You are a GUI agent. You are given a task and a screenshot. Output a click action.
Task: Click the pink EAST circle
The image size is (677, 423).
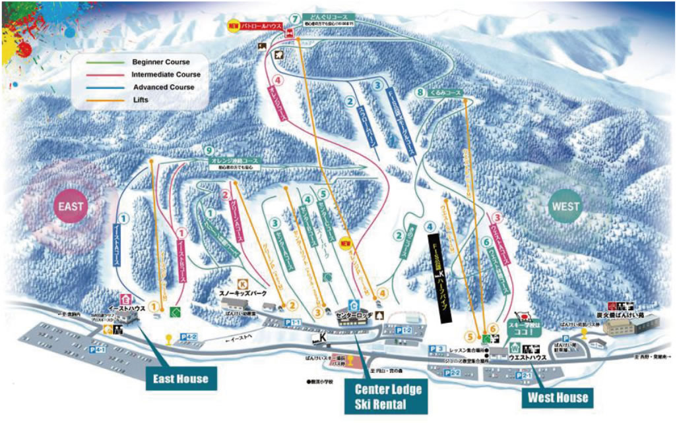pos(71,206)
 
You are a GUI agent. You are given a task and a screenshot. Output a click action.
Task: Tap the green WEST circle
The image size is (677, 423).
pos(565,206)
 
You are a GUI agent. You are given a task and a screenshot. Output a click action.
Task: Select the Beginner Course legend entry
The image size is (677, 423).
pos(160,62)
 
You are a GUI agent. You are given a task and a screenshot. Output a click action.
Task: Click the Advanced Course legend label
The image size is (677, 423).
pos(163,87)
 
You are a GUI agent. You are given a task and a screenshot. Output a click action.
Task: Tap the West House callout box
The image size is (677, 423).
pos(557,397)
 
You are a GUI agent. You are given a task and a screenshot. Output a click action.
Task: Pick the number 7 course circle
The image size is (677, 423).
pos(294,18)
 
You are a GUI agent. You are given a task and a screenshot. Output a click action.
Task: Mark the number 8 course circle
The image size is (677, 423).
pos(420,93)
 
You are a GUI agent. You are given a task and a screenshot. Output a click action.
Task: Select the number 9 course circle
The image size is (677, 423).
pos(209,151)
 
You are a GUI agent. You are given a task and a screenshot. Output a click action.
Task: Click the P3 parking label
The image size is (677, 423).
pos(436,348)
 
